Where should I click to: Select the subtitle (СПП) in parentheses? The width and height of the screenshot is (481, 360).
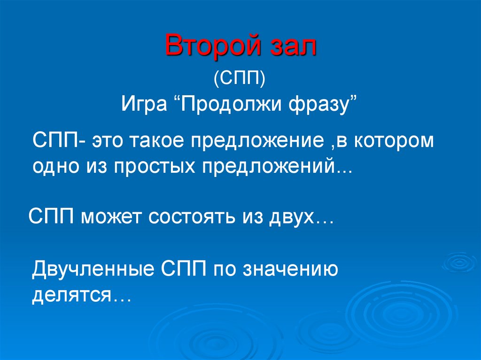(x=240, y=77)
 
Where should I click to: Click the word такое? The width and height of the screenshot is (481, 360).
(x=157, y=141)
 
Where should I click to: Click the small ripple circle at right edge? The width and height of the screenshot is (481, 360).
(x=460, y=262)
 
